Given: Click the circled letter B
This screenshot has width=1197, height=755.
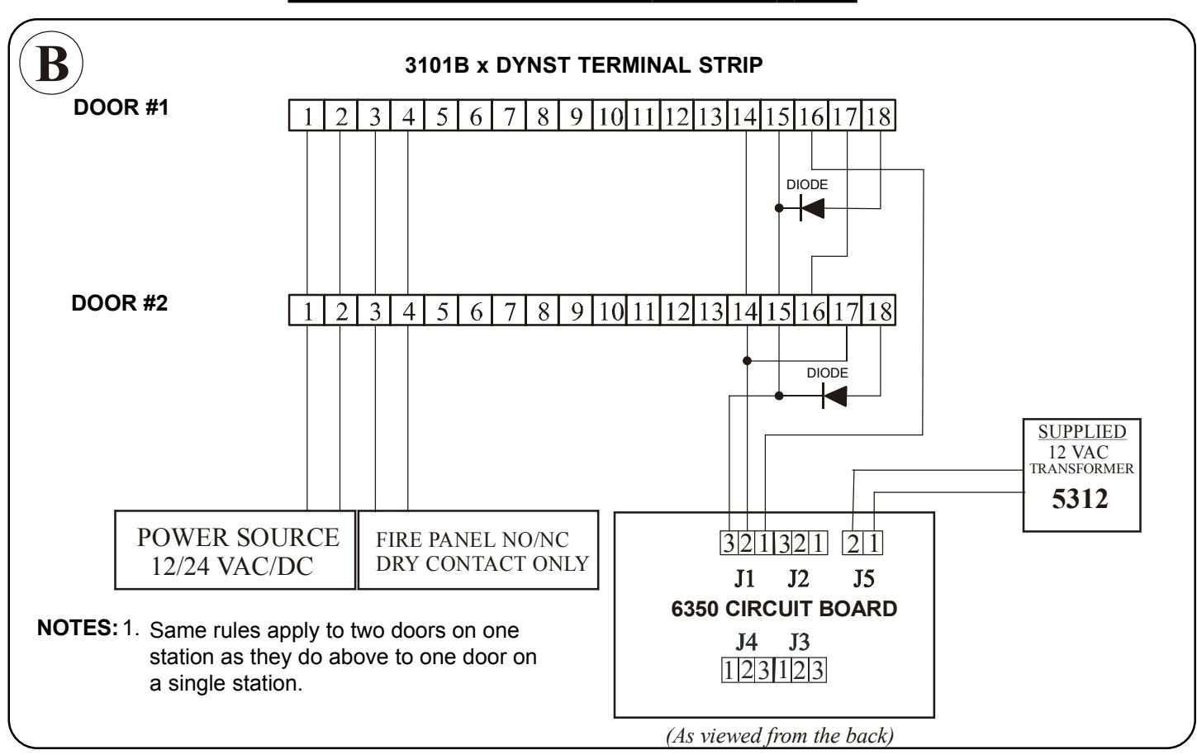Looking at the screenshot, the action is pos(51,63).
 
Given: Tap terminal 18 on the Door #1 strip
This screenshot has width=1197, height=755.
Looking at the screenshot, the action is pos(878,116).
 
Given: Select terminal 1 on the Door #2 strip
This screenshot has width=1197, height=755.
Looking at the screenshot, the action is pos(306,311).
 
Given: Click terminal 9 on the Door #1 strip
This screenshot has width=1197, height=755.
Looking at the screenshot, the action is pos(576,116).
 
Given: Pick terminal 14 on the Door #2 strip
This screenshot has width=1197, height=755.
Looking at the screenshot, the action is pos(744,311).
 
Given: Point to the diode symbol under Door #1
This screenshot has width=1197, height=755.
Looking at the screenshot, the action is pos(812,208).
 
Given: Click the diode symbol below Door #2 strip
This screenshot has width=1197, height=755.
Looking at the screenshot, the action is pos(834,396).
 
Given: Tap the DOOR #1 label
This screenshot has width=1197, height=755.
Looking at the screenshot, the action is pos(121,107).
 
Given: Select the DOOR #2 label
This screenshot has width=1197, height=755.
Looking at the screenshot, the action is pos(120,303).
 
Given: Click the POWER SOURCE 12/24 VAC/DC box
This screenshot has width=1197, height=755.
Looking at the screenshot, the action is pos(235,550).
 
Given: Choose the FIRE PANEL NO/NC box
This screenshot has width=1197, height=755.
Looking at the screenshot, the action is pos(478,550).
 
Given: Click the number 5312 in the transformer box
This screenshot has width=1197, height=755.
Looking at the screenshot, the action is pos(1080,499).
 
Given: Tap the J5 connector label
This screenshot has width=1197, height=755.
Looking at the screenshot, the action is pos(863,579).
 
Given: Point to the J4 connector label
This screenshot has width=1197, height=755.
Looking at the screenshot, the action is pos(746,642).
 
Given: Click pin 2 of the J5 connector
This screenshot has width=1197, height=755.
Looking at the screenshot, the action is pos(853,544).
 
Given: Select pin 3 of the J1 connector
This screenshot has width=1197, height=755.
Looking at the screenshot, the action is pos(729,544).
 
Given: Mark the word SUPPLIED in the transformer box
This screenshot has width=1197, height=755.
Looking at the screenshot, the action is pos(1082,431).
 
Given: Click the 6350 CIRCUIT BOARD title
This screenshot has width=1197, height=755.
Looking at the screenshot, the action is pos(784,609).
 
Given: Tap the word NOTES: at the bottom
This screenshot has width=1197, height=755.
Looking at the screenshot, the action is pos(78,628).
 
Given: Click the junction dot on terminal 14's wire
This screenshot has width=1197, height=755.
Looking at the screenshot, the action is pos(747,361).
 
